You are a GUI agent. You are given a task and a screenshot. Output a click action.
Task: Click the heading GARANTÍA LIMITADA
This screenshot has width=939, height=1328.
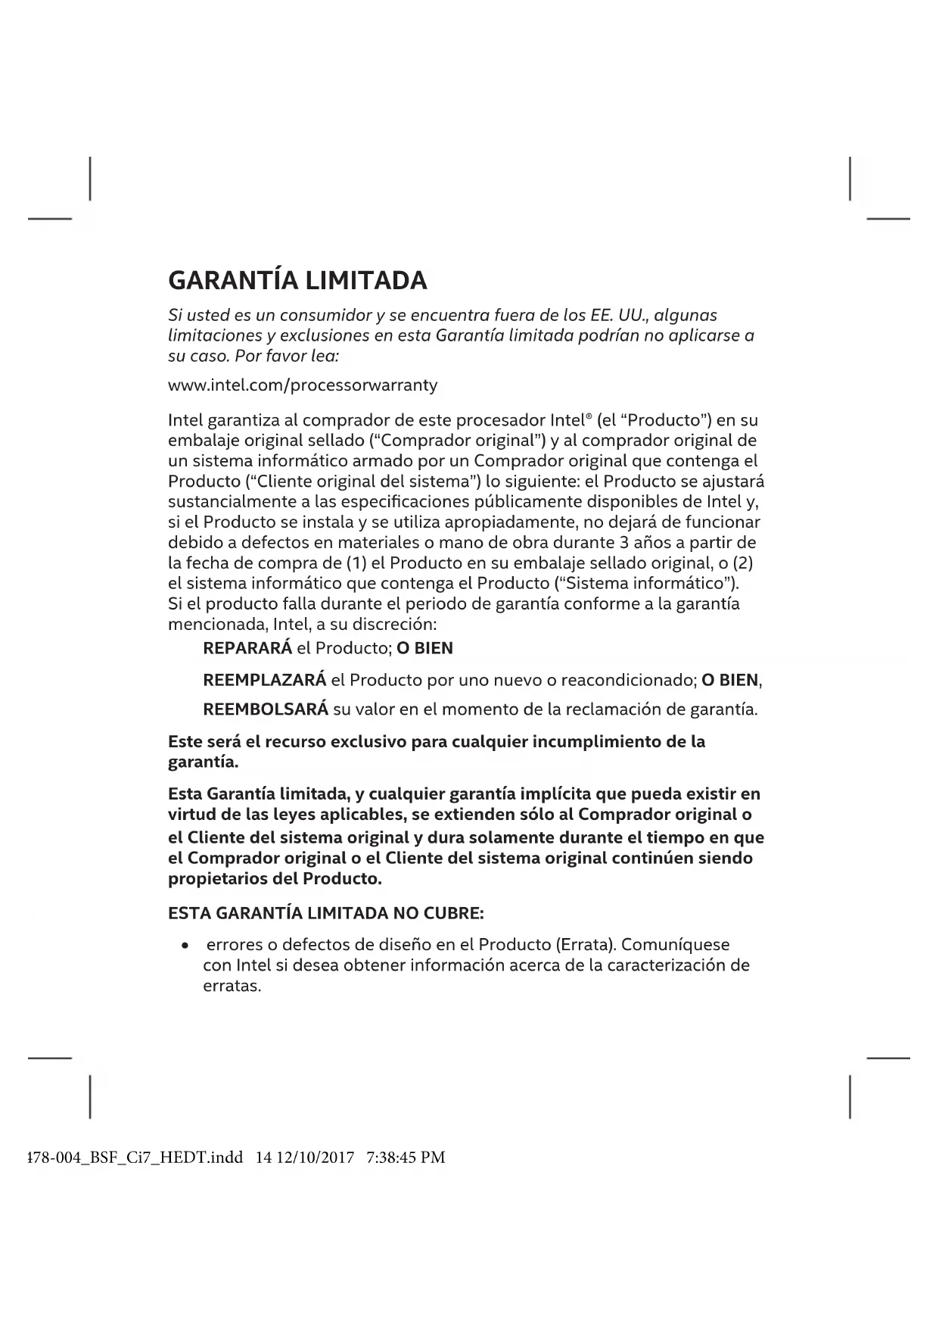tap(297, 281)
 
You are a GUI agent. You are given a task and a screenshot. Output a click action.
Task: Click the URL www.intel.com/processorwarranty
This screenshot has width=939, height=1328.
tap(303, 385)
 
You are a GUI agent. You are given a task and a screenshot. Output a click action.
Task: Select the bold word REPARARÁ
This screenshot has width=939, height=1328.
tap(247, 649)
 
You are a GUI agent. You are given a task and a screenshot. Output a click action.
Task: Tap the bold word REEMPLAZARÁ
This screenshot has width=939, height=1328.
tap(265, 681)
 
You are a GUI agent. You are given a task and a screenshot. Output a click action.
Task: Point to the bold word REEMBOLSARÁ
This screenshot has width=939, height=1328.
tap(266, 710)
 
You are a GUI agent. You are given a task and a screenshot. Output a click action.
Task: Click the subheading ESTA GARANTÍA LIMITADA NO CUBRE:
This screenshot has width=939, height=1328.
tap(325, 914)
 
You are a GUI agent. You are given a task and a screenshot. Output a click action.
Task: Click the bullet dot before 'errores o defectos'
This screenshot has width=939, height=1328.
tap(185, 946)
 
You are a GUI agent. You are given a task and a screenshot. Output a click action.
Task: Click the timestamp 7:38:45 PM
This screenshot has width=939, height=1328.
tap(406, 1158)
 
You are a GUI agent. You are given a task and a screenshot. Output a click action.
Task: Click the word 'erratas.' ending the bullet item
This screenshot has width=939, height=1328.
tap(232, 987)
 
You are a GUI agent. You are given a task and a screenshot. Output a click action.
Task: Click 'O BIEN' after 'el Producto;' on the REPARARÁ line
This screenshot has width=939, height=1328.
tap(424, 649)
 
